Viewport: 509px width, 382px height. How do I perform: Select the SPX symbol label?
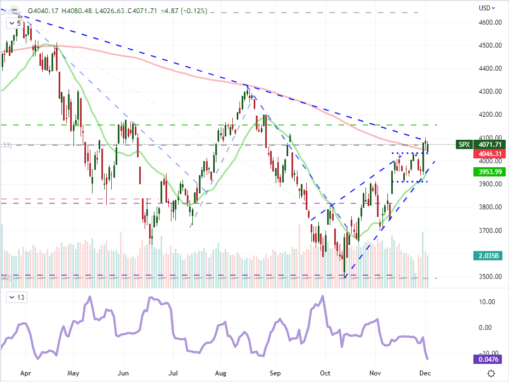[464, 145]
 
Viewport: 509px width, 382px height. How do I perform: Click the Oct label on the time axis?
[325, 373]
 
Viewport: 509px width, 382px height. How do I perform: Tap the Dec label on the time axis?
[425, 373]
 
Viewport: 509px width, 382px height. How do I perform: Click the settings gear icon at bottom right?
[491, 373]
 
